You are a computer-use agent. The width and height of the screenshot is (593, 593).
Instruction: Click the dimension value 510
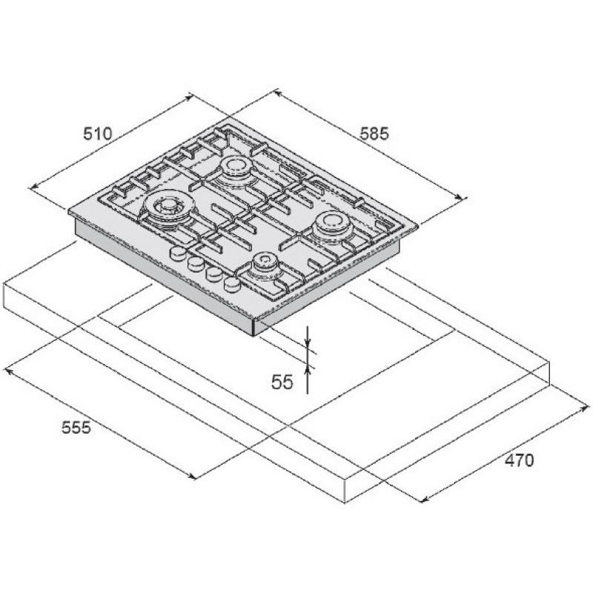[98, 134]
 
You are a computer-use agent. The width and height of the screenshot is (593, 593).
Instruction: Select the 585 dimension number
[374, 133]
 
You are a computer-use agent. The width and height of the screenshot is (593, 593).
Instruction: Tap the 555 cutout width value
[76, 428]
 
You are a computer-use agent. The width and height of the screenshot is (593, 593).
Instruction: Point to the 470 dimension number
[520, 460]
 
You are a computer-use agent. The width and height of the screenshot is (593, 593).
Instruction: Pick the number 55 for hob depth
[282, 382]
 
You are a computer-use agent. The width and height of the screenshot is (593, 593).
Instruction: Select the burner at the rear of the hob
[236, 169]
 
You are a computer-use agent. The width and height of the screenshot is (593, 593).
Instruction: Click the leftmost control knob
[176, 253]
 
